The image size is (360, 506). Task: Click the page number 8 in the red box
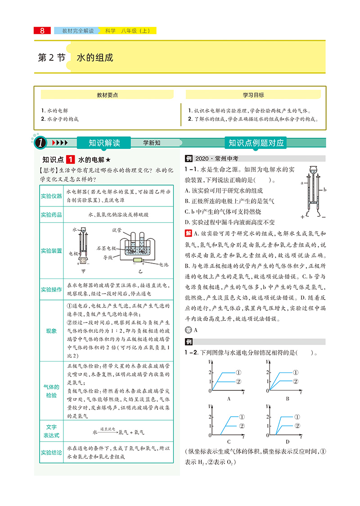[x=42, y=31]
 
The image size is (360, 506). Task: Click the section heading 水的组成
[x=94, y=58]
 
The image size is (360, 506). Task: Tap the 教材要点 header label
[x=107, y=95]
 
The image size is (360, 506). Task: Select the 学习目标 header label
[x=253, y=95]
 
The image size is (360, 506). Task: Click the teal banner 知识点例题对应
[x=256, y=143]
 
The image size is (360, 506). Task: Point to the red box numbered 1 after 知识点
[x=71, y=160]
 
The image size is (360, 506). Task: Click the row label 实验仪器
[x=51, y=196]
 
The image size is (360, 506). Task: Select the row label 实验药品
[x=51, y=215]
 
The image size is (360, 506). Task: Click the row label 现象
[x=51, y=331]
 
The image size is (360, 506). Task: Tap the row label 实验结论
[x=51, y=452]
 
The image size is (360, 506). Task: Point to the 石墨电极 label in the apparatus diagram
[x=107, y=248]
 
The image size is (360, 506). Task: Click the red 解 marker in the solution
[x=188, y=233]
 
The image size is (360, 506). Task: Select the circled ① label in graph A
[x=238, y=372]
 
